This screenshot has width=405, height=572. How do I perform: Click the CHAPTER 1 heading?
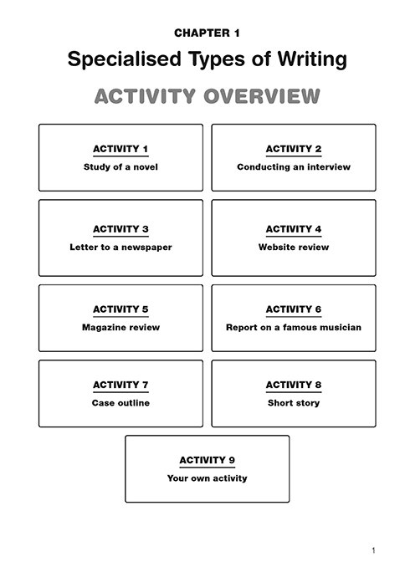pos(207,33)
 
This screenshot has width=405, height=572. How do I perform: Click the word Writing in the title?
pos(312,59)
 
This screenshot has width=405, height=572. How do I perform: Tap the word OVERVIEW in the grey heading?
pos(262,96)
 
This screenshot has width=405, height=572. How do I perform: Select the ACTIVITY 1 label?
pos(120,149)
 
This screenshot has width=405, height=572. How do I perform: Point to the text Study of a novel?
pos(120,167)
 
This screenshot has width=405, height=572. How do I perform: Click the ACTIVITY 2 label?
pos(294,149)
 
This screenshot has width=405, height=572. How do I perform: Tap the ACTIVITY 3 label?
pos(120,229)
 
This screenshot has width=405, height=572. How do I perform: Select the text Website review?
pos(294,248)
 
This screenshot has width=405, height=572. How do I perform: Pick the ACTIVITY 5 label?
pos(120,309)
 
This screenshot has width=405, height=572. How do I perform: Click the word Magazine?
pos(100,328)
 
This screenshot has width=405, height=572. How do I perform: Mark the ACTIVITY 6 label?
pos(294,309)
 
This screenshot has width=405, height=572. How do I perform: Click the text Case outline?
pos(120,403)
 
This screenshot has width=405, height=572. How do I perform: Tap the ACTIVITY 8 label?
pos(294,385)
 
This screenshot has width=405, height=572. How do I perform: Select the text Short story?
pos(294,403)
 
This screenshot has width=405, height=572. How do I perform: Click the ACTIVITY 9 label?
pos(208,460)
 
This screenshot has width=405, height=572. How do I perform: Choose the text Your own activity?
pos(208,478)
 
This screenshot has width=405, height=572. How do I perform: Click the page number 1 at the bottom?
pos(373,550)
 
